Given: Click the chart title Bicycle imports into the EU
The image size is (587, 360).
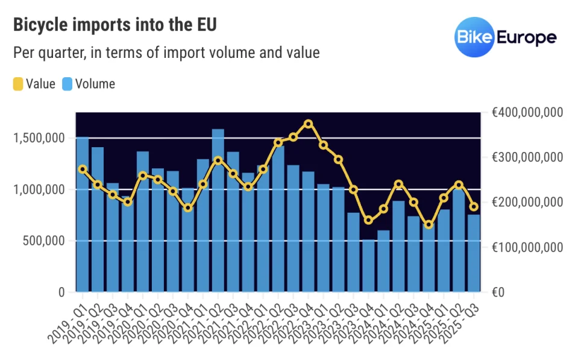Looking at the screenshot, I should tap(115, 25).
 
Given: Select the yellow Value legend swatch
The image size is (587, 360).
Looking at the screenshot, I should tap(18, 84).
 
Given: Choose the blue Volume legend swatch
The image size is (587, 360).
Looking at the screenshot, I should tap(67, 84).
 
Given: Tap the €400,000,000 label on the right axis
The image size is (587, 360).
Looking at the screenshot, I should tap(527, 113).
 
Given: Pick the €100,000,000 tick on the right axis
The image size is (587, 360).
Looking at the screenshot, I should tap(527, 247).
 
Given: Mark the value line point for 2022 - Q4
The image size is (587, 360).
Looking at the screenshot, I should tap(309, 124).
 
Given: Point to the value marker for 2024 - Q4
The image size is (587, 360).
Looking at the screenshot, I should tap(428, 225).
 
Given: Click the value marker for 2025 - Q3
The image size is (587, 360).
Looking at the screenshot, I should tap(474, 207).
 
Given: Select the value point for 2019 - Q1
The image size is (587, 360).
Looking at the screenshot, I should tap(83, 169).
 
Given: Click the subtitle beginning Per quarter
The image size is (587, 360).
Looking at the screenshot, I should tap(166, 53).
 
